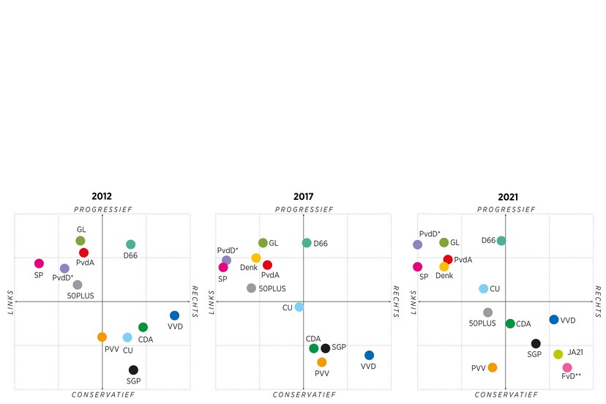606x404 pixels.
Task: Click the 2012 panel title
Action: click(102, 197)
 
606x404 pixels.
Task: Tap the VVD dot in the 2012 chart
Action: click(174, 315)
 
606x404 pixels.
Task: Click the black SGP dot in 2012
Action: click(133, 370)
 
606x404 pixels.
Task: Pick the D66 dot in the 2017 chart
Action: click(307, 243)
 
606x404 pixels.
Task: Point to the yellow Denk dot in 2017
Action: click(256, 258)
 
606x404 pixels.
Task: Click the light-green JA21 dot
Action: click(558, 354)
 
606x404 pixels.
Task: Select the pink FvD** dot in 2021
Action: click(567, 367)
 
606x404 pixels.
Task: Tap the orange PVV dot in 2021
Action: click(493, 367)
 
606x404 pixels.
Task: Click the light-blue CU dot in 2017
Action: click(299, 307)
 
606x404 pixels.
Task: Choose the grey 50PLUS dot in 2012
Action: click(78, 285)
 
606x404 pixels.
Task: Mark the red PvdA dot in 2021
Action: click(448, 260)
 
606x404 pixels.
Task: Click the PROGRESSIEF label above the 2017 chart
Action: click(304, 209)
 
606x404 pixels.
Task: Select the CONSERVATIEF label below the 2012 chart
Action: click(102, 395)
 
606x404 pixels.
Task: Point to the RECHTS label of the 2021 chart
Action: click(598, 302)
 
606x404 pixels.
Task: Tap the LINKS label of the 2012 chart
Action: click(9, 302)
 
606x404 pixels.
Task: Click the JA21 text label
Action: click(576, 352)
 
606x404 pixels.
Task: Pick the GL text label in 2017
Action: click(274, 243)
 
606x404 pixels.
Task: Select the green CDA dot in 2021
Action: click(510, 323)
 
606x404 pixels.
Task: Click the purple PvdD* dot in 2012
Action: click(64, 269)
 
